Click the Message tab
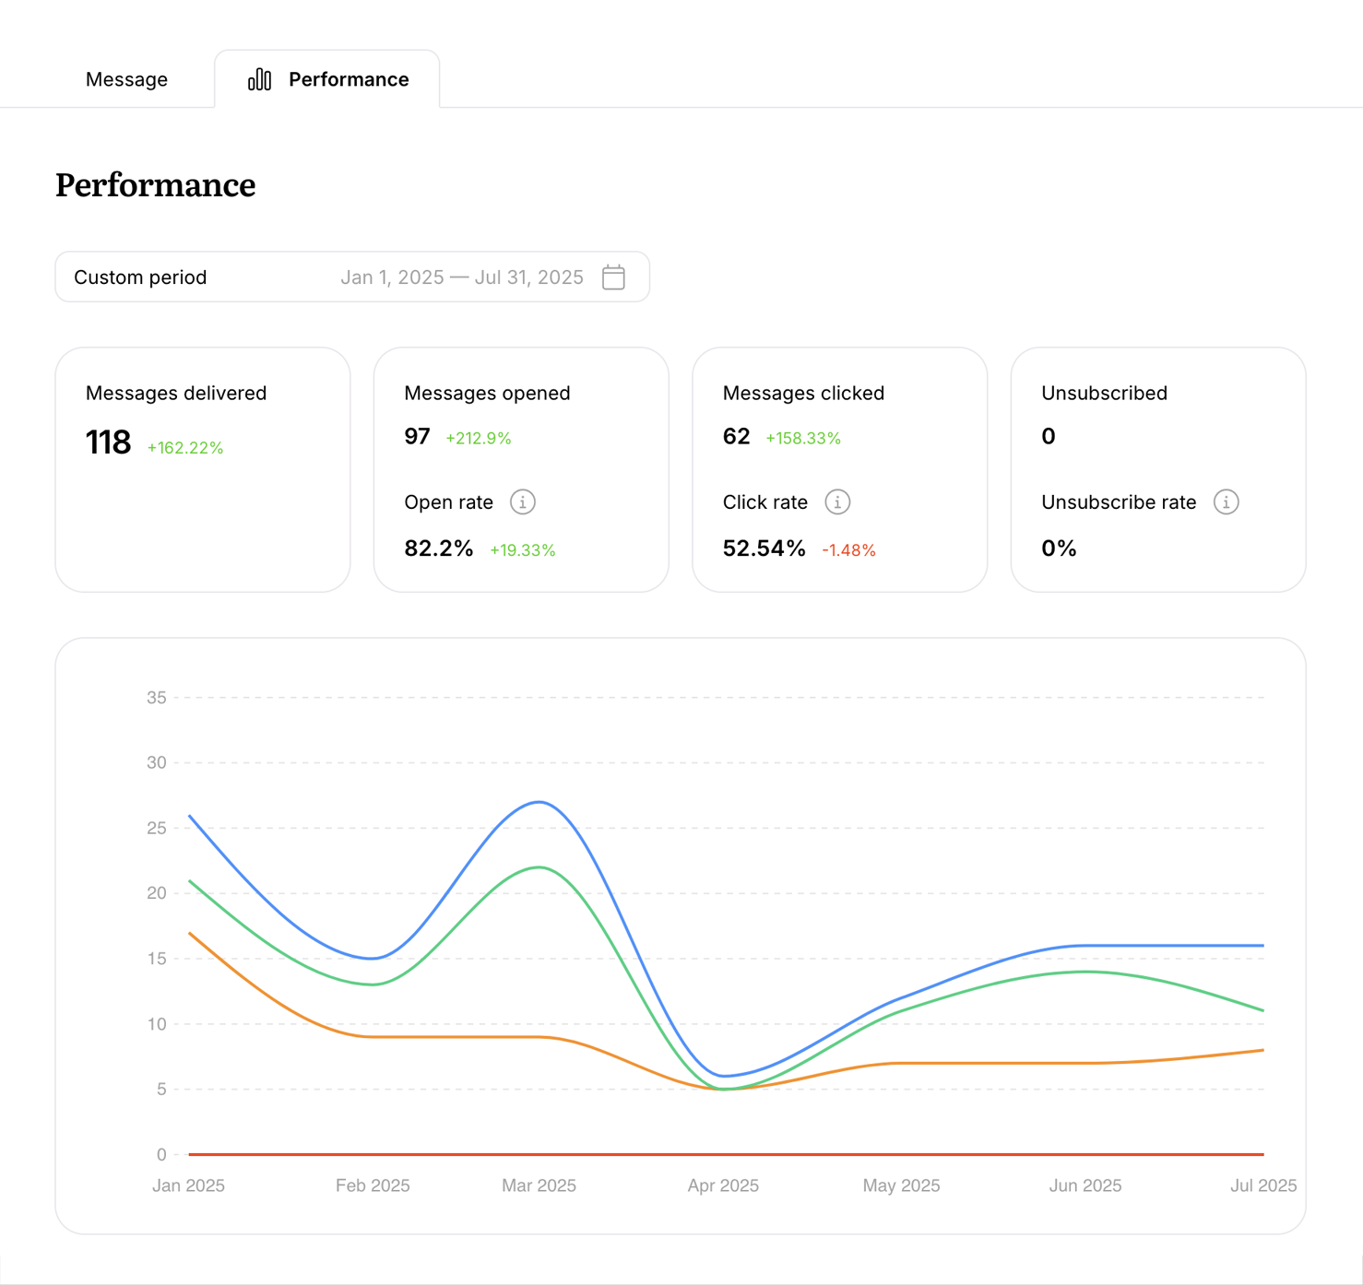[126, 79]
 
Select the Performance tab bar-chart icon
[259, 79]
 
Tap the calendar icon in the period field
[613, 277]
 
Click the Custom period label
[140, 277]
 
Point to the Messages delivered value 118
[108, 443]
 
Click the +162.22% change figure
[185, 448]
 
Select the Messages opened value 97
[417, 436]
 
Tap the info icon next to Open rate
[523, 502]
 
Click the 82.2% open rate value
[438, 548]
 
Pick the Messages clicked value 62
[736, 436]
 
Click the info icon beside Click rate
[837, 502]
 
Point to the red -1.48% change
[848, 550]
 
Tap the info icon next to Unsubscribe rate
[1226, 502]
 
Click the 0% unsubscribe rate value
[1059, 548]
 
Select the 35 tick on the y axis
[157, 698]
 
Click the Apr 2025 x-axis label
[723, 1185]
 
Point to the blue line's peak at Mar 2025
[539, 802]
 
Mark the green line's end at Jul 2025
[1262, 1010]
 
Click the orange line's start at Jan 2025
[190, 933]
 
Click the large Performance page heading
[155, 185]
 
